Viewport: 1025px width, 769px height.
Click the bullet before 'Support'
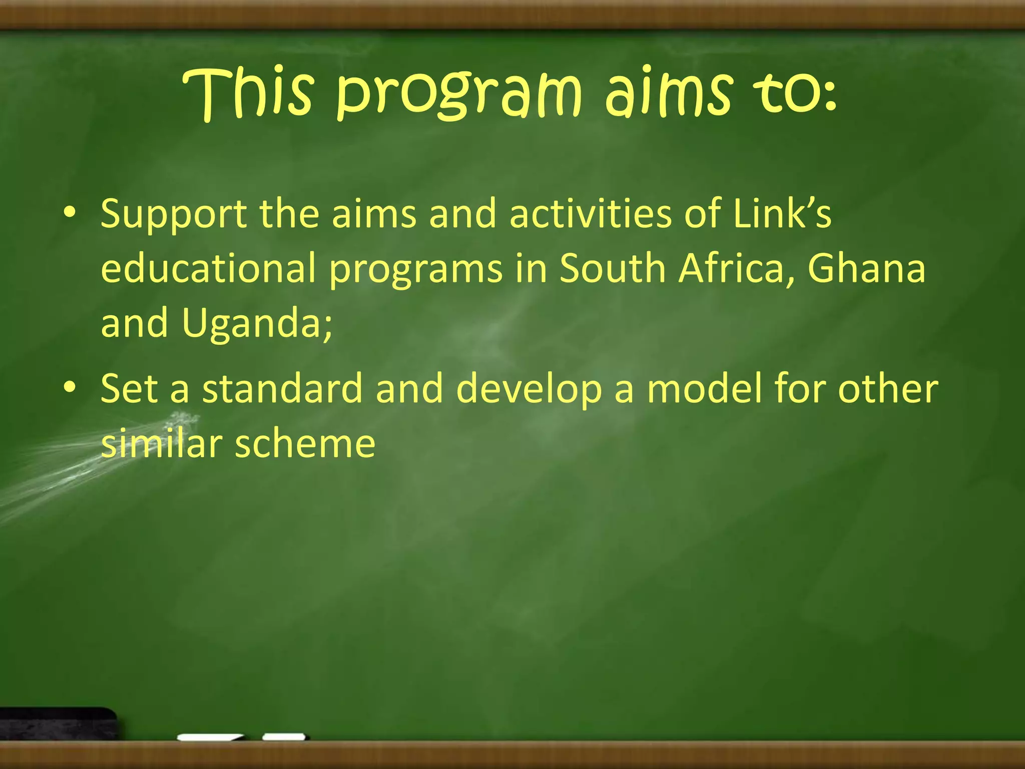(x=70, y=212)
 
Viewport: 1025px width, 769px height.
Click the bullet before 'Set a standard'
(x=70, y=387)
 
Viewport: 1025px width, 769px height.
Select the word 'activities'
(x=591, y=213)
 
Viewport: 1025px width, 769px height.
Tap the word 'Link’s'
(x=782, y=213)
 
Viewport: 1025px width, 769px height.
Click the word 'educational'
(x=208, y=268)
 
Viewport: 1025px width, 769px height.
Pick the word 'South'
(x=612, y=268)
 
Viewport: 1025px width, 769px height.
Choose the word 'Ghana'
(x=866, y=268)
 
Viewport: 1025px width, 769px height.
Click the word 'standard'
(x=282, y=389)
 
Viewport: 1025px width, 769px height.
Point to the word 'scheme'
(x=305, y=444)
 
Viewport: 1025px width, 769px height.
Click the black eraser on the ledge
(x=58, y=723)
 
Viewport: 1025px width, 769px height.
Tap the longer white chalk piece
(x=210, y=737)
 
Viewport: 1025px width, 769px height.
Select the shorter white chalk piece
(x=284, y=737)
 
